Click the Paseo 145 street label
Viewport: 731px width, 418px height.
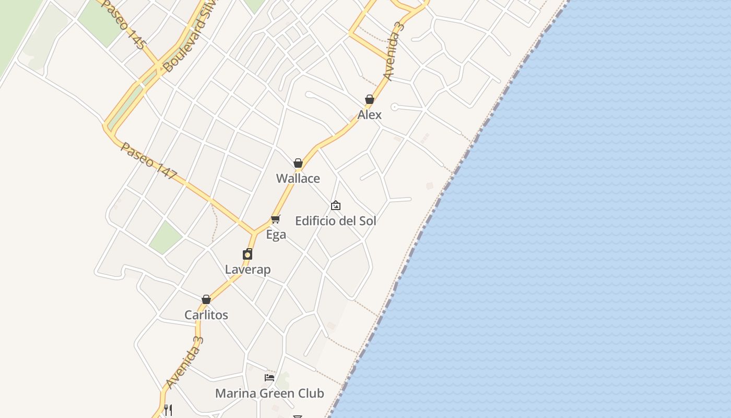tap(123, 24)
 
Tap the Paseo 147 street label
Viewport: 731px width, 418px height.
tap(149, 161)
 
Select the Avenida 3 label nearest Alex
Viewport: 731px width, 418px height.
tap(395, 51)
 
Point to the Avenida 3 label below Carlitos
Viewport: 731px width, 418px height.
tap(184, 363)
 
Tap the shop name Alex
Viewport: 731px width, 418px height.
tap(370, 115)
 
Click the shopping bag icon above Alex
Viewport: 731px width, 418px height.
tap(370, 99)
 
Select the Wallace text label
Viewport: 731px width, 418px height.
tap(298, 179)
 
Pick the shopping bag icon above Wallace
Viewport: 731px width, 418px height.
tap(298, 163)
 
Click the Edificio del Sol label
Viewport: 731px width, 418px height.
tap(336, 221)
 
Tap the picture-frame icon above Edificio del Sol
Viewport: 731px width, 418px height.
tap(336, 205)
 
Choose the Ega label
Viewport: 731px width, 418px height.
tap(276, 235)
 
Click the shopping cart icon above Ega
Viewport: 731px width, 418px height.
tap(276, 219)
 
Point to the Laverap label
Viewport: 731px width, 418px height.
tap(248, 270)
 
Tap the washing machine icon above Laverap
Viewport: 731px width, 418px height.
tap(247, 254)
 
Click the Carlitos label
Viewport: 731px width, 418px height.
tap(206, 315)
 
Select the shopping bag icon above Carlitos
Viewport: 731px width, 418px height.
tap(206, 299)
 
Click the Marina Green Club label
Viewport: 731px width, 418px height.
tap(270, 393)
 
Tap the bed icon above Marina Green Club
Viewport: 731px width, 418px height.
tap(269, 377)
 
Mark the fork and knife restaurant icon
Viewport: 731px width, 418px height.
tap(168, 410)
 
